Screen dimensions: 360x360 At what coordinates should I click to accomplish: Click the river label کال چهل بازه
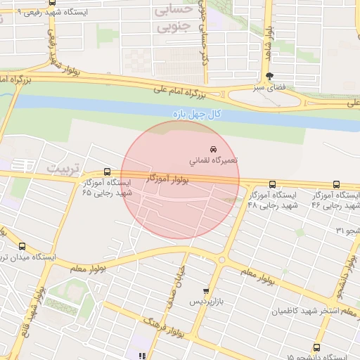(x=196, y=113)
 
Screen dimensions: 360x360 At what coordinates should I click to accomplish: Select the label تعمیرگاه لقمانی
(x=214, y=160)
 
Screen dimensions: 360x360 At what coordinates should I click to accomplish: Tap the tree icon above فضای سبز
(x=270, y=76)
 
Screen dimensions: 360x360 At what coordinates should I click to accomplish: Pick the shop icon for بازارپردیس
(x=205, y=290)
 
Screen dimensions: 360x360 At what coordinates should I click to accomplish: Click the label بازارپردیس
(x=205, y=302)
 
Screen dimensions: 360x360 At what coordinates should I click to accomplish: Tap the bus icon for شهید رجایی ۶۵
(x=107, y=171)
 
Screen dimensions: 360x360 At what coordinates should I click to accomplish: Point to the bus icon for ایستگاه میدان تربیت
(x=22, y=247)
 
